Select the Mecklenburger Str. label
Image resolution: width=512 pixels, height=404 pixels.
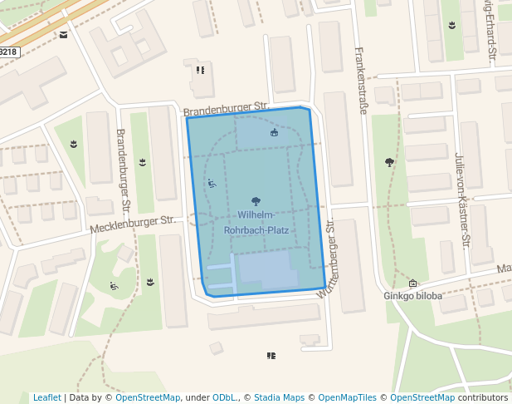pos(134,221)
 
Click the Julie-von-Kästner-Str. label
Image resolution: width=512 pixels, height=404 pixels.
pos(462,200)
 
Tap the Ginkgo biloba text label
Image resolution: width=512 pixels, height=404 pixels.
pos(412,295)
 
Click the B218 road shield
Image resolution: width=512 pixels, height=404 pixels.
pos(7,52)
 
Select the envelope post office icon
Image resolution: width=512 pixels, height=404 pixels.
pos(64,35)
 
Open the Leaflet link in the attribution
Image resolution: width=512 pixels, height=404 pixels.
pos(46,397)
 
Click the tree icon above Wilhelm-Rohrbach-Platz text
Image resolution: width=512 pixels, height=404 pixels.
pos(256,201)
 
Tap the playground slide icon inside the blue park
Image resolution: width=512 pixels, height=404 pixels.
pos(212,184)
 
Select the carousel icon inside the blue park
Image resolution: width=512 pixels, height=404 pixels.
pos(275,132)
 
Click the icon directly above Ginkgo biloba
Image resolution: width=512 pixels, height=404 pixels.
pos(412,283)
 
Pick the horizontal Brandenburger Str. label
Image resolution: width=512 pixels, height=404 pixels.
pos(227,108)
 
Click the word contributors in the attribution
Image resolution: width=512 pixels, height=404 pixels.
pos(483,397)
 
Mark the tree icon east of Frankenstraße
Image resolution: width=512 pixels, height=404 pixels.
pos(389,162)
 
